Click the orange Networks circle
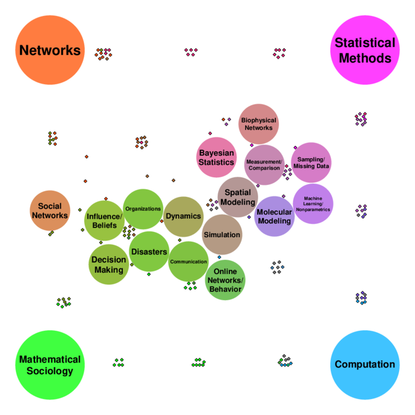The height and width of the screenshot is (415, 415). pos(50,50)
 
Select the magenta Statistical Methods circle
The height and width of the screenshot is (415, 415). pos(365,50)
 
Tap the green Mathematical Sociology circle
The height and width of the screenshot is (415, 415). pos(50,365)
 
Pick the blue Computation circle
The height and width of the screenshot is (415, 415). pos(365,365)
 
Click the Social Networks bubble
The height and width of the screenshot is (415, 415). pos(50,210)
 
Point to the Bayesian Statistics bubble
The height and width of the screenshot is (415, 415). pos(216,157)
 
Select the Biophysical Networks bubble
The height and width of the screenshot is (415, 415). pos(258,124)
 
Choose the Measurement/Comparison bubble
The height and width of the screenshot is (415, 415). pos(264,165)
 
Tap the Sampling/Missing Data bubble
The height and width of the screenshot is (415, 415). pos(311,162)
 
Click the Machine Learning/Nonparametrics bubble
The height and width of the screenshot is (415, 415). pos(313,204)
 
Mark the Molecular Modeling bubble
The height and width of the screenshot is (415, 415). pos(274,216)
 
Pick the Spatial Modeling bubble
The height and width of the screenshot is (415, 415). pos(238,197)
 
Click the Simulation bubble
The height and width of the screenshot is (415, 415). pos(222,235)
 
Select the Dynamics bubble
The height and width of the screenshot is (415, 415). pos(183,216)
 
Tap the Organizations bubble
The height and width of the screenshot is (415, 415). pos(143,209)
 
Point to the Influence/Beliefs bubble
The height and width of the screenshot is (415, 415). pos(104,221)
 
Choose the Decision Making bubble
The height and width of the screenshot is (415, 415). pos(108,264)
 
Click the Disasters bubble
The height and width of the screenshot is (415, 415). pos(149,251)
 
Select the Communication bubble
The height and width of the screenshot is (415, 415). pos(189,261)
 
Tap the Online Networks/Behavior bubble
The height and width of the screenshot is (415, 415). pos(225,280)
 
